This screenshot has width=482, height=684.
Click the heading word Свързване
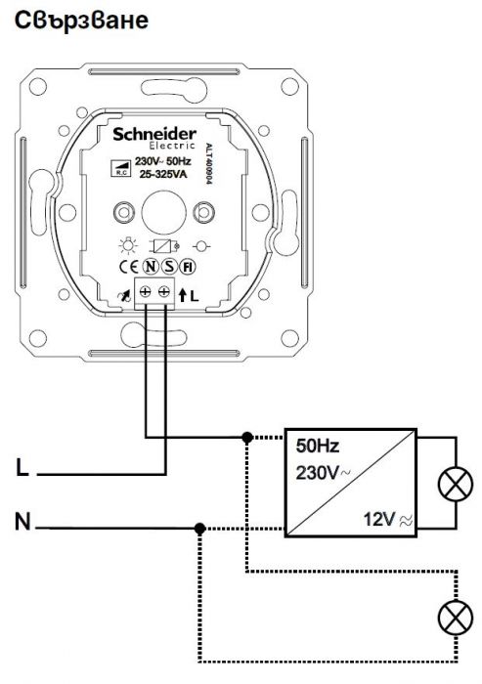pos(82,21)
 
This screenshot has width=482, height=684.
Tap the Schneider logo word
pos(154,135)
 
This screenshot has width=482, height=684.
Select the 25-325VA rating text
pos(163,175)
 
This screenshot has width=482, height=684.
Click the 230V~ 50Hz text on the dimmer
pos(163,161)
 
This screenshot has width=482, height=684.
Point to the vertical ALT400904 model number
pos(208,163)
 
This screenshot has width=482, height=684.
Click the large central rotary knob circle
pos(163,212)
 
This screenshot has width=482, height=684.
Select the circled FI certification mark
pos(188,267)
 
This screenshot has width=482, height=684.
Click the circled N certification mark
pos(151,267)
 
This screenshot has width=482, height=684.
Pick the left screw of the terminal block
pos(145,291)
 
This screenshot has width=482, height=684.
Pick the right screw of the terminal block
pos(164,291)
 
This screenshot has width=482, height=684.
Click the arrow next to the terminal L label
pos(183,295)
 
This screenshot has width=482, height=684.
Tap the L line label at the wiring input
pos(22,468)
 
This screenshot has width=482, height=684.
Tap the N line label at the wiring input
pos(23,521)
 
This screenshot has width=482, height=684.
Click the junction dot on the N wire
pos(199,530)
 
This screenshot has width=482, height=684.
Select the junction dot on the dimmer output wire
pos(247,437)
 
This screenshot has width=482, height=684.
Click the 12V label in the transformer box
pos(379,519)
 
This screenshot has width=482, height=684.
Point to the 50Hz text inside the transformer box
pos(318,446)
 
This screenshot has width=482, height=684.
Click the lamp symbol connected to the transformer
pos(456,485)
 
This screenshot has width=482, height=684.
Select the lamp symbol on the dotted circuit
pos(456,618)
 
